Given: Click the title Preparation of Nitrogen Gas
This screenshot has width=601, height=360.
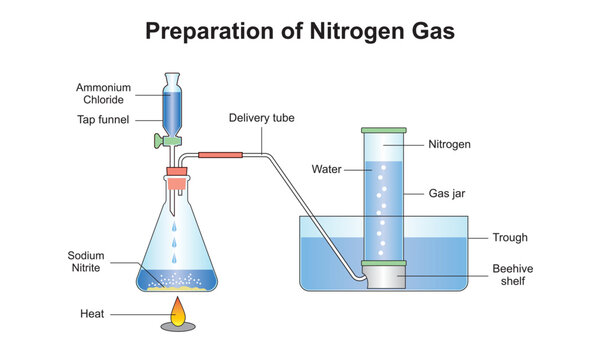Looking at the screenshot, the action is (x=300, y=31).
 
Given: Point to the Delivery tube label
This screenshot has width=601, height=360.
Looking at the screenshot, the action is (x=262, y=118).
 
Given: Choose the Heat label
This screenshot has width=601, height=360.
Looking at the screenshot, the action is (x=93, y=313).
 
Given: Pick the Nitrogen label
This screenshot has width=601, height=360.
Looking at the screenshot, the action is (x=449, y=145).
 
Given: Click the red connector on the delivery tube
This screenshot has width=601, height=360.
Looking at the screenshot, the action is (x=221, y=154).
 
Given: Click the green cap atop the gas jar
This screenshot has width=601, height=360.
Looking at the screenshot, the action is (x=383, y=131).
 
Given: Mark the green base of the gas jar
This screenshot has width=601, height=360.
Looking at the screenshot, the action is (x=384, y=263).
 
